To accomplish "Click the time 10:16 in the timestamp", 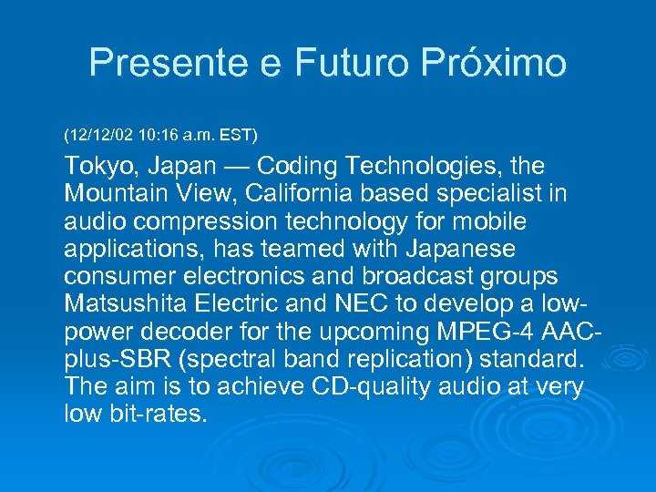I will pyautogui.click(x=163, y=135).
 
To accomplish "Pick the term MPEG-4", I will pyautogui.click(x=466, y=331).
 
